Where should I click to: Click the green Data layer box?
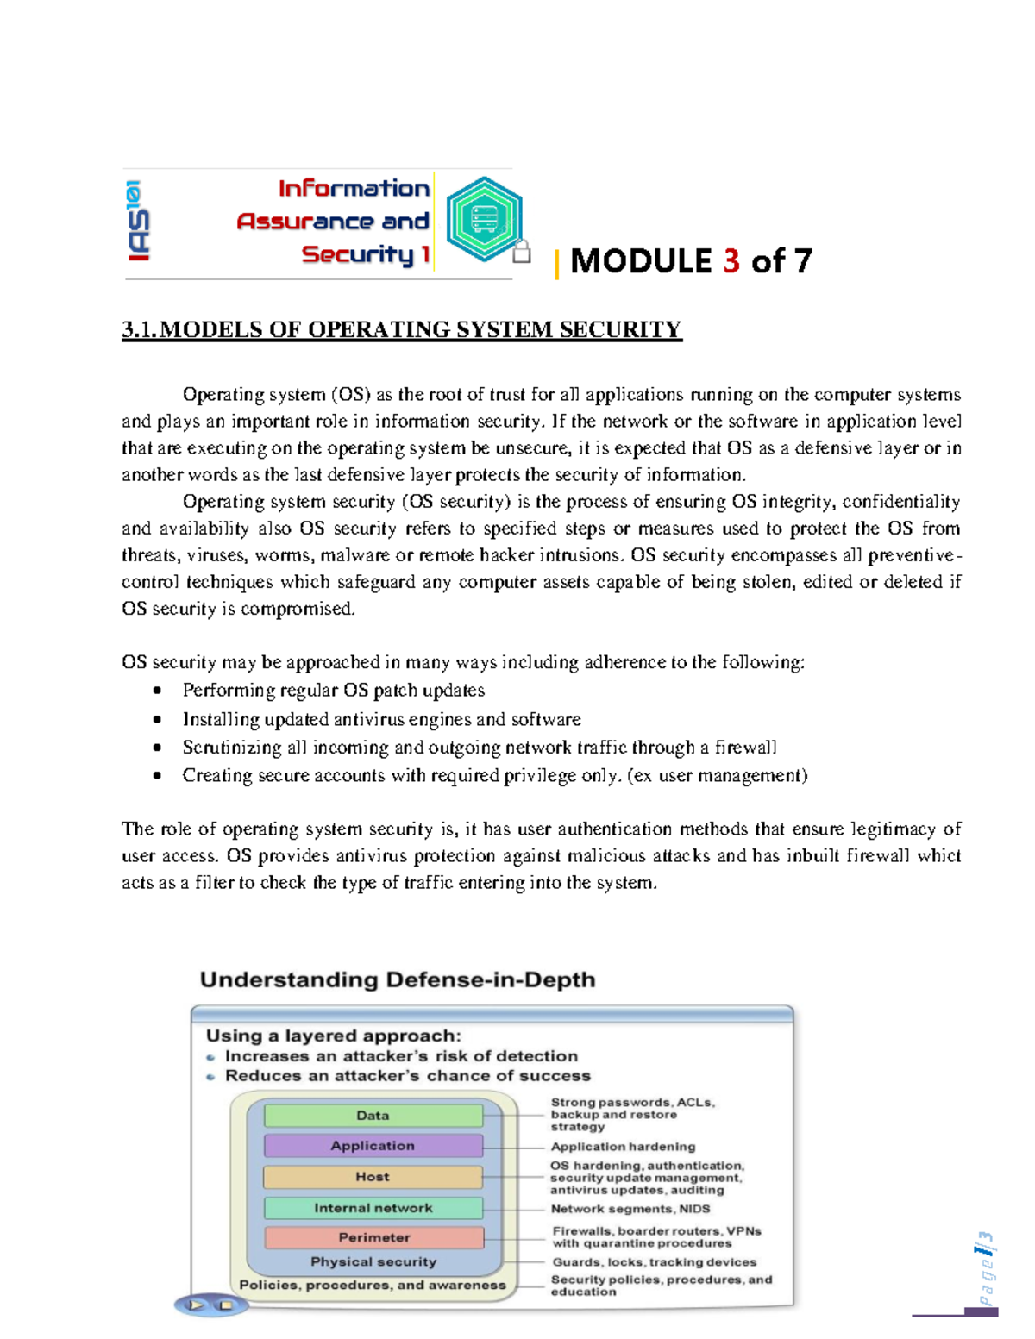click(x=373, y=1116)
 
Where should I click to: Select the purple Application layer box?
click(x=373, y=1146)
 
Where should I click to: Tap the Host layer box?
click(x=373, y=1177)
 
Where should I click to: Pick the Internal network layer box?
click(x=373, y=1208)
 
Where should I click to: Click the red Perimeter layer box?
click(x=373, y=1237)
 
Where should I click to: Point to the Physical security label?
click(x=373, y=1261)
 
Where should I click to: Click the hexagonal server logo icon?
click(x=484, y=219)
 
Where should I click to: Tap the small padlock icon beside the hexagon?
click(x=521, y=252)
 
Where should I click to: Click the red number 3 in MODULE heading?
click(x=731, y=261)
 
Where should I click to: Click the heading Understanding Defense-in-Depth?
click(x=398, y=980)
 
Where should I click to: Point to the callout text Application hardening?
click(x=623, y=1147)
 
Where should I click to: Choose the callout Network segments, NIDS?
click(x=630, y=1209)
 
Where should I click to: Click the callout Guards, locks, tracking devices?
click(x=654, y=1262)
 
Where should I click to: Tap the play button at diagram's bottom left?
click(x=196, y=1305)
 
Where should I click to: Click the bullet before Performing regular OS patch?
click(x=157, y=691)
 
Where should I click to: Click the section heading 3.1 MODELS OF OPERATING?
click(x=401, y=330)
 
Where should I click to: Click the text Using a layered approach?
click(x=333, y=1036)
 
